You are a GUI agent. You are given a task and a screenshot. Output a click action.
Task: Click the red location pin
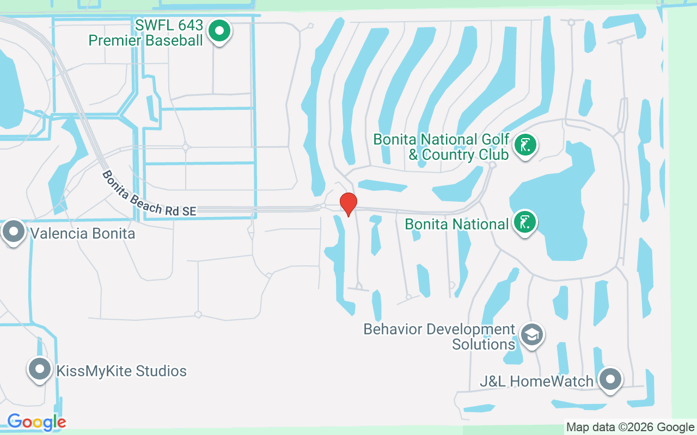[x=348, y=204]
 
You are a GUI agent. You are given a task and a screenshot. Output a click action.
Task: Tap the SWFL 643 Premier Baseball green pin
[x=219, y=31]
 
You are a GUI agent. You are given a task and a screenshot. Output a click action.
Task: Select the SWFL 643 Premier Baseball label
[x=146, y=33]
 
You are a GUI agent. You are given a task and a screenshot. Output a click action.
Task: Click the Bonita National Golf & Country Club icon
[x=525, y=145]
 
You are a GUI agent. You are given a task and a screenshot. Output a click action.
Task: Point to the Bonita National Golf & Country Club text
[x=441, y=147]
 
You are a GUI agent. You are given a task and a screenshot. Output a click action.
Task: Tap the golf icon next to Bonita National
[x=525, y=222]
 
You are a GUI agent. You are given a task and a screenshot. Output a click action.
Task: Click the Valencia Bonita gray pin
[x=14, y=232]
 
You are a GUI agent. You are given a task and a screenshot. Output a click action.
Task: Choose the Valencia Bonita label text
[x=83, y=234]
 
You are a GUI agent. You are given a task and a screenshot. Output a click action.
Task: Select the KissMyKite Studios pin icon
[x=39, y=370]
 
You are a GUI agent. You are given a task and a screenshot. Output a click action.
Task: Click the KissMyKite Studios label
[x=121, y=371]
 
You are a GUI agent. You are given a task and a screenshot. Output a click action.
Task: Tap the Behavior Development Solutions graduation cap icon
[x=531, y=335]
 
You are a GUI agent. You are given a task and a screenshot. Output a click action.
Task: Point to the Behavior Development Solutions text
[x=439, y=337]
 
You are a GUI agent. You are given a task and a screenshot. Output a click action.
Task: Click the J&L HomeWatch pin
[x=610, y=380]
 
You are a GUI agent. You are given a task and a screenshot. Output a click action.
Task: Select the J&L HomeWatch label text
[x=536, y=381]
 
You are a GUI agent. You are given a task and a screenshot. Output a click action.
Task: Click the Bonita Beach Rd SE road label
[x=149, y=195]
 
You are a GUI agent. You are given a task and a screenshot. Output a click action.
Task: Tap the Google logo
[x=36, y=422]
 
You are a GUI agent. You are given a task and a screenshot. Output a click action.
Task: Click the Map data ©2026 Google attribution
[x=630, y=427]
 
